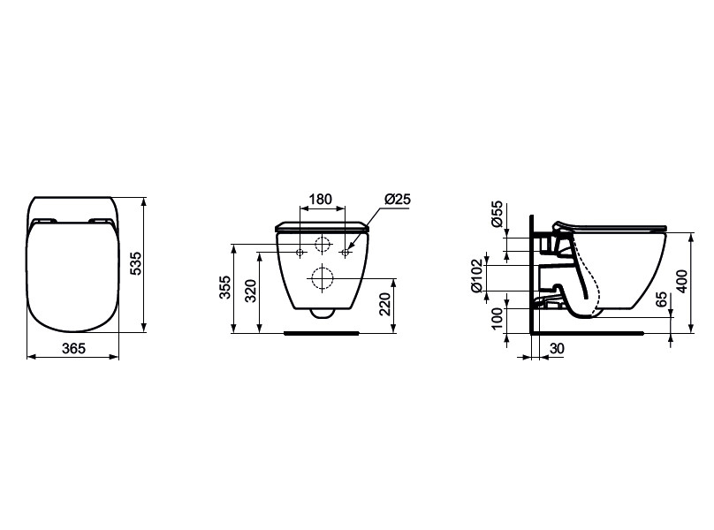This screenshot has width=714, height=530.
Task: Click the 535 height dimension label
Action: (136, 263)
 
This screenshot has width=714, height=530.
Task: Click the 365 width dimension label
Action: (73, 348)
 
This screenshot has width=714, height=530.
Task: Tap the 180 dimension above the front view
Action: (321, 200)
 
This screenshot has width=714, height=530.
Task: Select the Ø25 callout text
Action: (398, 199)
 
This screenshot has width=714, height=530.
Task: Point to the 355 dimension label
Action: (225, 287)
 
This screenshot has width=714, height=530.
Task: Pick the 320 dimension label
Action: (251, 291)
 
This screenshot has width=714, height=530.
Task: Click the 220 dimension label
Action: (385, 304)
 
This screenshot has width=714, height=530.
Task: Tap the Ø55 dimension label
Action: (498, 214)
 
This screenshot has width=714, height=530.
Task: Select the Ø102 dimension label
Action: (476, 276)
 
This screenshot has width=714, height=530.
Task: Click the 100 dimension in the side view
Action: (498, 318)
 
